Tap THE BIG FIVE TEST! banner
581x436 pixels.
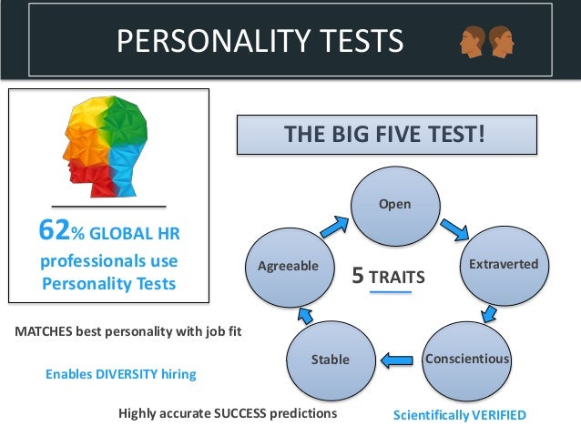(385, 136)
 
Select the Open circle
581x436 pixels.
(394, 204)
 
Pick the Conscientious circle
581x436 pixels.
(466, 359)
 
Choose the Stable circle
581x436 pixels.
(331, 360)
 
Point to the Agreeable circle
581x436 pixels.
(288, 266)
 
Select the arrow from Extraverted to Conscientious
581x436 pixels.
(489, 313)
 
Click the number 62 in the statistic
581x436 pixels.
(54, 232)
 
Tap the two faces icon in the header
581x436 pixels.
(484, 40)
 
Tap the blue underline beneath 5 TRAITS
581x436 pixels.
(391, 293)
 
